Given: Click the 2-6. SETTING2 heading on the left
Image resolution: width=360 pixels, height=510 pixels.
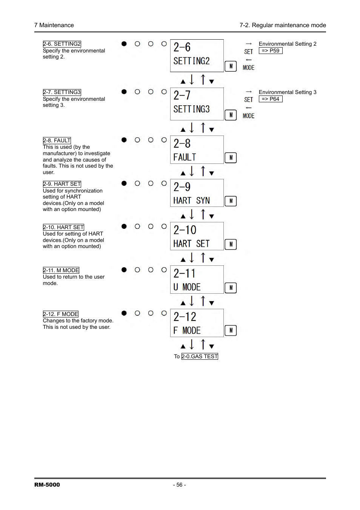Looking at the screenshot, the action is point(62,44).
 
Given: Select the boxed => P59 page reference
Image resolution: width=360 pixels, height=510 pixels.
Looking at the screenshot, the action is point(271,51).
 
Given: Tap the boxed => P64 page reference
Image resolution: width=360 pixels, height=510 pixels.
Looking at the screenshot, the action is point(271,99).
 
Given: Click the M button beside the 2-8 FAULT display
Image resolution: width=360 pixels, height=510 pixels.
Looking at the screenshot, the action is point(231,158).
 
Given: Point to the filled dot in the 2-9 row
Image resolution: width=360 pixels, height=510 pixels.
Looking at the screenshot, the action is point(124,183).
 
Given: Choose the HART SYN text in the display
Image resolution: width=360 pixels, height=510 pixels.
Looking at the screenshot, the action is point(191,200).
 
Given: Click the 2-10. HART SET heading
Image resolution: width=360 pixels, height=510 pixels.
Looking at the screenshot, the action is point(63,227).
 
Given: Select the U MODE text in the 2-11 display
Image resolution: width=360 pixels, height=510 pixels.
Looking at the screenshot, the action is point(187,287).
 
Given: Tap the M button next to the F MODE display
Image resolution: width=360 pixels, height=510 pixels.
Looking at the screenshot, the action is point(231,331).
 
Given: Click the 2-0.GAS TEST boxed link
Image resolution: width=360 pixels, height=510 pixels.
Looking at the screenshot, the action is point(200,356).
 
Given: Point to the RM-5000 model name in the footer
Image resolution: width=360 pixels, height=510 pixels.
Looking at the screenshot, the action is point(47,485).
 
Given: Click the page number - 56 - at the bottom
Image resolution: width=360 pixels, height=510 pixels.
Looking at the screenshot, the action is point(180,485).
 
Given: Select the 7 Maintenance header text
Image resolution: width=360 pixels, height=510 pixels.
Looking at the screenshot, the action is point(54,25).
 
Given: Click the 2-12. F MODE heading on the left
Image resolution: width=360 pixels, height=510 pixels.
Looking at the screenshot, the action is point(61,314).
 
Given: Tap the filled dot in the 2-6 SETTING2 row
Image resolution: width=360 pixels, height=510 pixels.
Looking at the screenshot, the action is point(124,44).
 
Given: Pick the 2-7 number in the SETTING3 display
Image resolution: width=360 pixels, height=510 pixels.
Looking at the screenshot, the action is point(182,95).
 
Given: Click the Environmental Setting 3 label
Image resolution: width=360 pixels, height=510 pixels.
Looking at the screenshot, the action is point(288,92).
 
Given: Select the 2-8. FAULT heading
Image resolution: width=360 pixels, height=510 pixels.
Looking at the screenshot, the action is point(57,140).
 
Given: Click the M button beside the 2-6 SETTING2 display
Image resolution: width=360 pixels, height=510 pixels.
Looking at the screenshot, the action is point(231,66).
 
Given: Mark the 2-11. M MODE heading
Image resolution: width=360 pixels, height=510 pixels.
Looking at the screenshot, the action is point(61,270).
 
